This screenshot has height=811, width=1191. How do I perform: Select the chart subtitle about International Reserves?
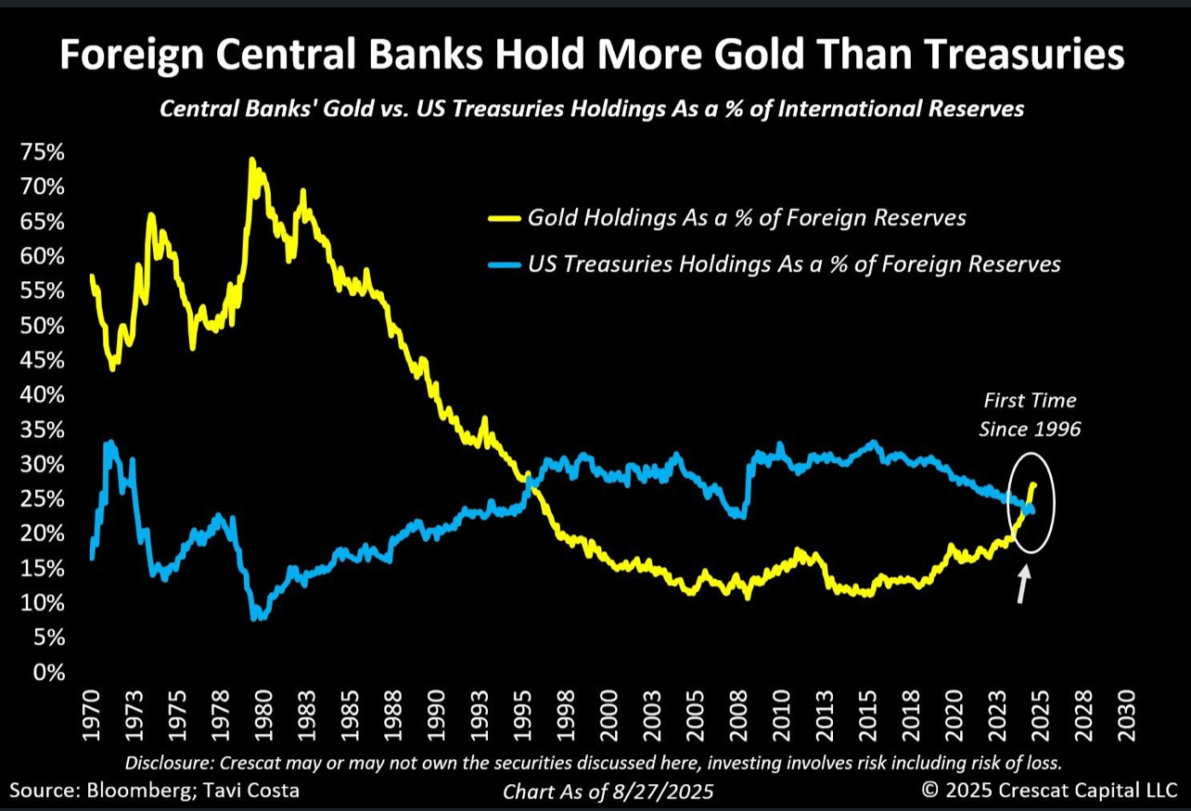pyautogui.click(x=592, y=109)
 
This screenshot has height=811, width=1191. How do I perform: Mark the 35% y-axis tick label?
pyautogui.click(x=42, y=430)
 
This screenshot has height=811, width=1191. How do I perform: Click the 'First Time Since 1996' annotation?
pyautogui.click(x=1030, y=414)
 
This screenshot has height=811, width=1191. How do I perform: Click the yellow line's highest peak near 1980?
pyautogui.click(x=252, y=161)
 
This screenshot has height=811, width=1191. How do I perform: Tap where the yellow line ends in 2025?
pyautogui.click(x=1034, y=484)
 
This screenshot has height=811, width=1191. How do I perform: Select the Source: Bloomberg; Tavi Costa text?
pyautogui.click(x=155, y=791)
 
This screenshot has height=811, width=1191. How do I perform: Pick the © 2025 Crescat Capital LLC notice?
pyautogui.click(x=1049, y=791)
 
